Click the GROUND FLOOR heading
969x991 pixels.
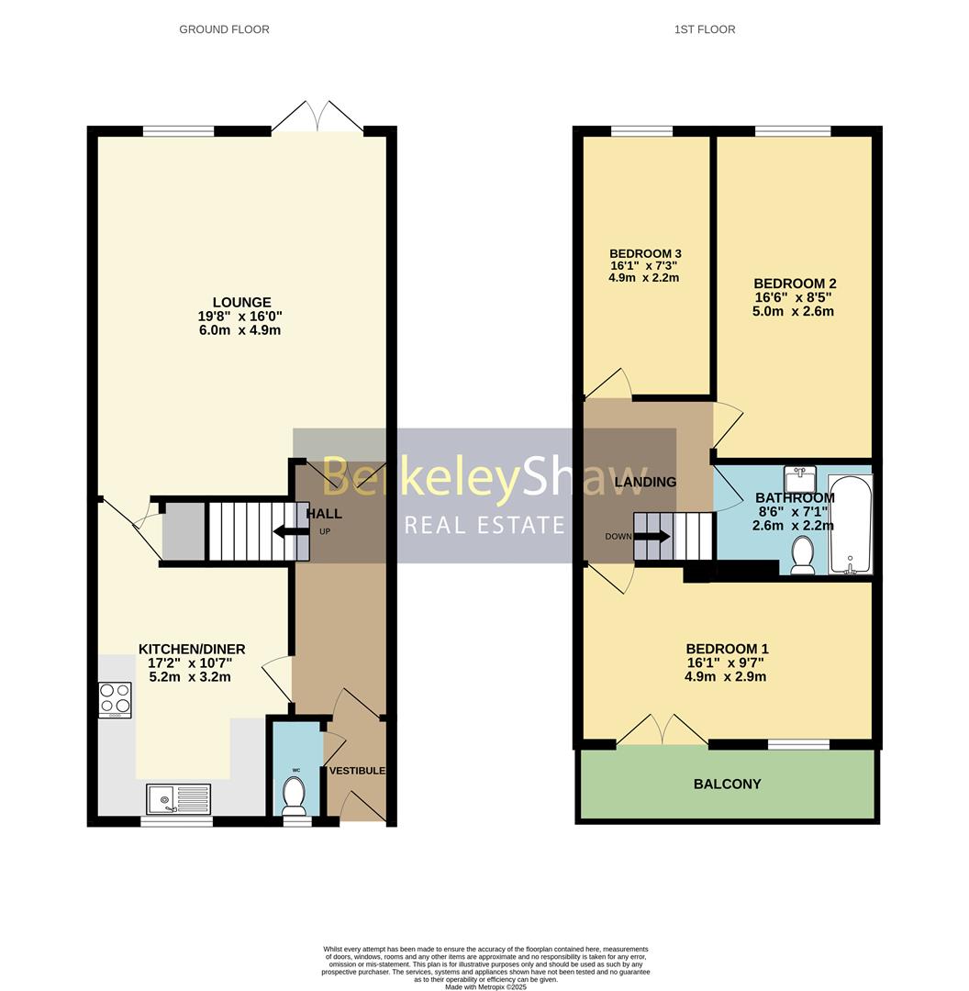tap(224, 29)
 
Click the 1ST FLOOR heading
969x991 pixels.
tap(704, 29)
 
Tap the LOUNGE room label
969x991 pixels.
tap(241, 302)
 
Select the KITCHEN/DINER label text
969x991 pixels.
tap(192, 649)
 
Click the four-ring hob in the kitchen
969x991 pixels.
tap(115, 700)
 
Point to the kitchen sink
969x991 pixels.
tap(178, 799)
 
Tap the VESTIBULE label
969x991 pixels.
tap(357, 770)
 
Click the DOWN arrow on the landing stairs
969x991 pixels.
tap(652, 537)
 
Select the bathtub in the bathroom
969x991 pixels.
tap(850, 524)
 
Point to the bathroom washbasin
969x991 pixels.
tap(800, 479)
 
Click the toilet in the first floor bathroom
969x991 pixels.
tap(802, 556)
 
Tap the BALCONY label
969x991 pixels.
tap(727, 784)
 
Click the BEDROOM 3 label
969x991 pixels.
tap(645, 254)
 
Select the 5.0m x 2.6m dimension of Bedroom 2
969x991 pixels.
tap(794, 311)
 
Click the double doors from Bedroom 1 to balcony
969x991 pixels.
tap(662, 730)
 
